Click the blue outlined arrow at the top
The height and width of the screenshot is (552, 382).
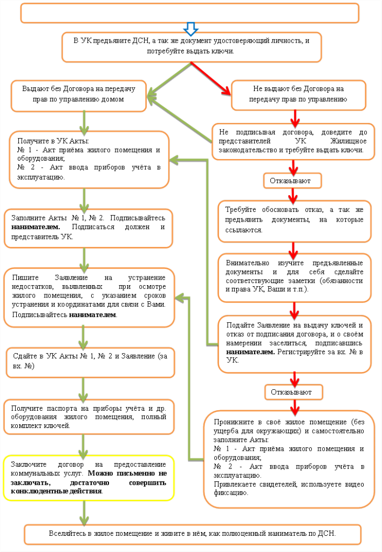click(x=192, y=27)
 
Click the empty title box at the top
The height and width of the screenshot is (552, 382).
click(x=190, y=13)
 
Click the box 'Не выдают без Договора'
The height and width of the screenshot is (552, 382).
click(x=298, y=94)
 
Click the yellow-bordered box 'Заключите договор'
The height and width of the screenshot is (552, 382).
click(x=89, y=477)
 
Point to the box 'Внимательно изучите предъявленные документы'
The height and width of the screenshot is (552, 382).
click(x=295, y=277)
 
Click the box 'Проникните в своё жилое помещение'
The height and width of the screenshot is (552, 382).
click(x=289, y=458)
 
